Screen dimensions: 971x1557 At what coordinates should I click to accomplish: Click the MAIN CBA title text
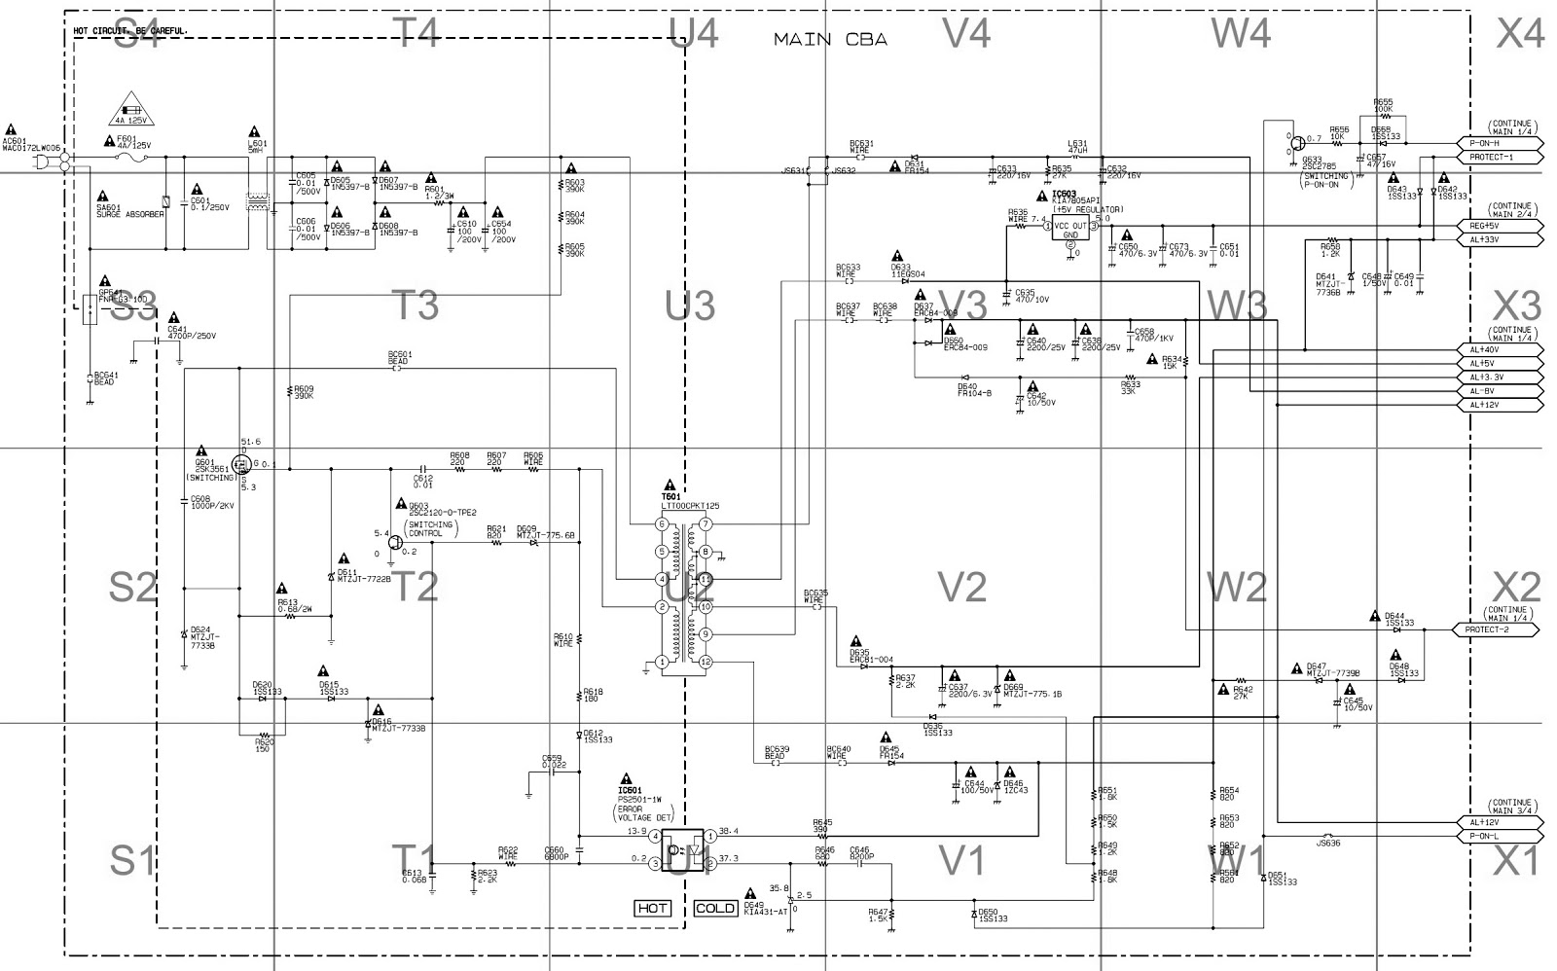pyautogui.click(x=830, y=40)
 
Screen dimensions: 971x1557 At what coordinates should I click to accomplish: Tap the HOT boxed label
pyautogui.click(x=653, y=908)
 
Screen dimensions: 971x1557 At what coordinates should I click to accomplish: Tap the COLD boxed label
pyautogui.click(x=715, y=908)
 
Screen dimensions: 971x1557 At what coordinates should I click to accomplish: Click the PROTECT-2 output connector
pyautogui.click(x=1496, y=629)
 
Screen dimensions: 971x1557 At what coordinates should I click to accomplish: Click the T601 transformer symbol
pyautogui.click(x=683, y=593)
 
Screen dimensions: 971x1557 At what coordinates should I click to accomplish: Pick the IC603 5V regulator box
pyautogui.click(x=1069, y=229)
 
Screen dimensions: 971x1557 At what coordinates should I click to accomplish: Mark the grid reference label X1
pyautogui.click(x=1519, y=860)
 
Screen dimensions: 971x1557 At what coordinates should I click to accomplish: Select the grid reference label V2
pyautogui.click(x=962, y=587)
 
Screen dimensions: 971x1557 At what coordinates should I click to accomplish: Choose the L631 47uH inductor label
pyautogui.click(x=1077, y=147)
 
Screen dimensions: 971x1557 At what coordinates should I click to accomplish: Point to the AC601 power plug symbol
pyautogui.click(x=44, y=161)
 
